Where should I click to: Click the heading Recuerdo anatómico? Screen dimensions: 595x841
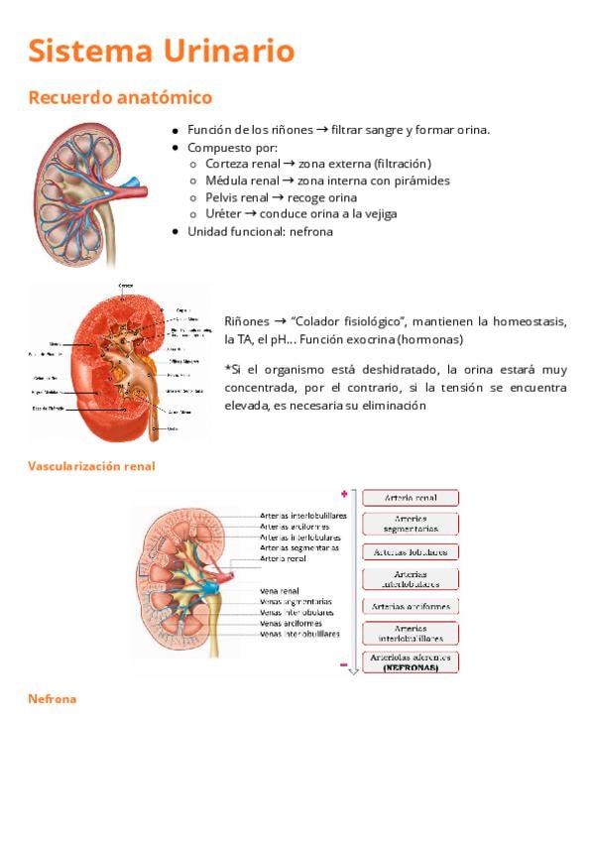click(120, 97)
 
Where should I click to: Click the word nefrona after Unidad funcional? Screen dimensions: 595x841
click(311, 231)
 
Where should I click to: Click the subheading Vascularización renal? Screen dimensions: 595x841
click(92, 465)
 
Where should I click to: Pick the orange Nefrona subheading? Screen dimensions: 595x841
click(53, 699)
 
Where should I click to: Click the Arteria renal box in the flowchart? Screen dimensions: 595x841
click(410, 498)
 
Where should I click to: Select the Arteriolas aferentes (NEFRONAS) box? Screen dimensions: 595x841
click(410, 661)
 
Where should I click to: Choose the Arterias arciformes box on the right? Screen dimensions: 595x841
click(410, 606)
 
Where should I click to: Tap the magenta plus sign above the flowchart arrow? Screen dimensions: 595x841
click(344, 493)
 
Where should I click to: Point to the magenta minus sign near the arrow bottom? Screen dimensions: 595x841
click(344, 665)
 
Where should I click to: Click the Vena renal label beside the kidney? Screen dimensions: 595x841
click(280, 590)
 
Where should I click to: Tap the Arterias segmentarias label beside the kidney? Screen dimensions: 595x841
click(299, 547)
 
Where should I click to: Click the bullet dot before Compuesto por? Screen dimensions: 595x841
click(175, 147)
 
